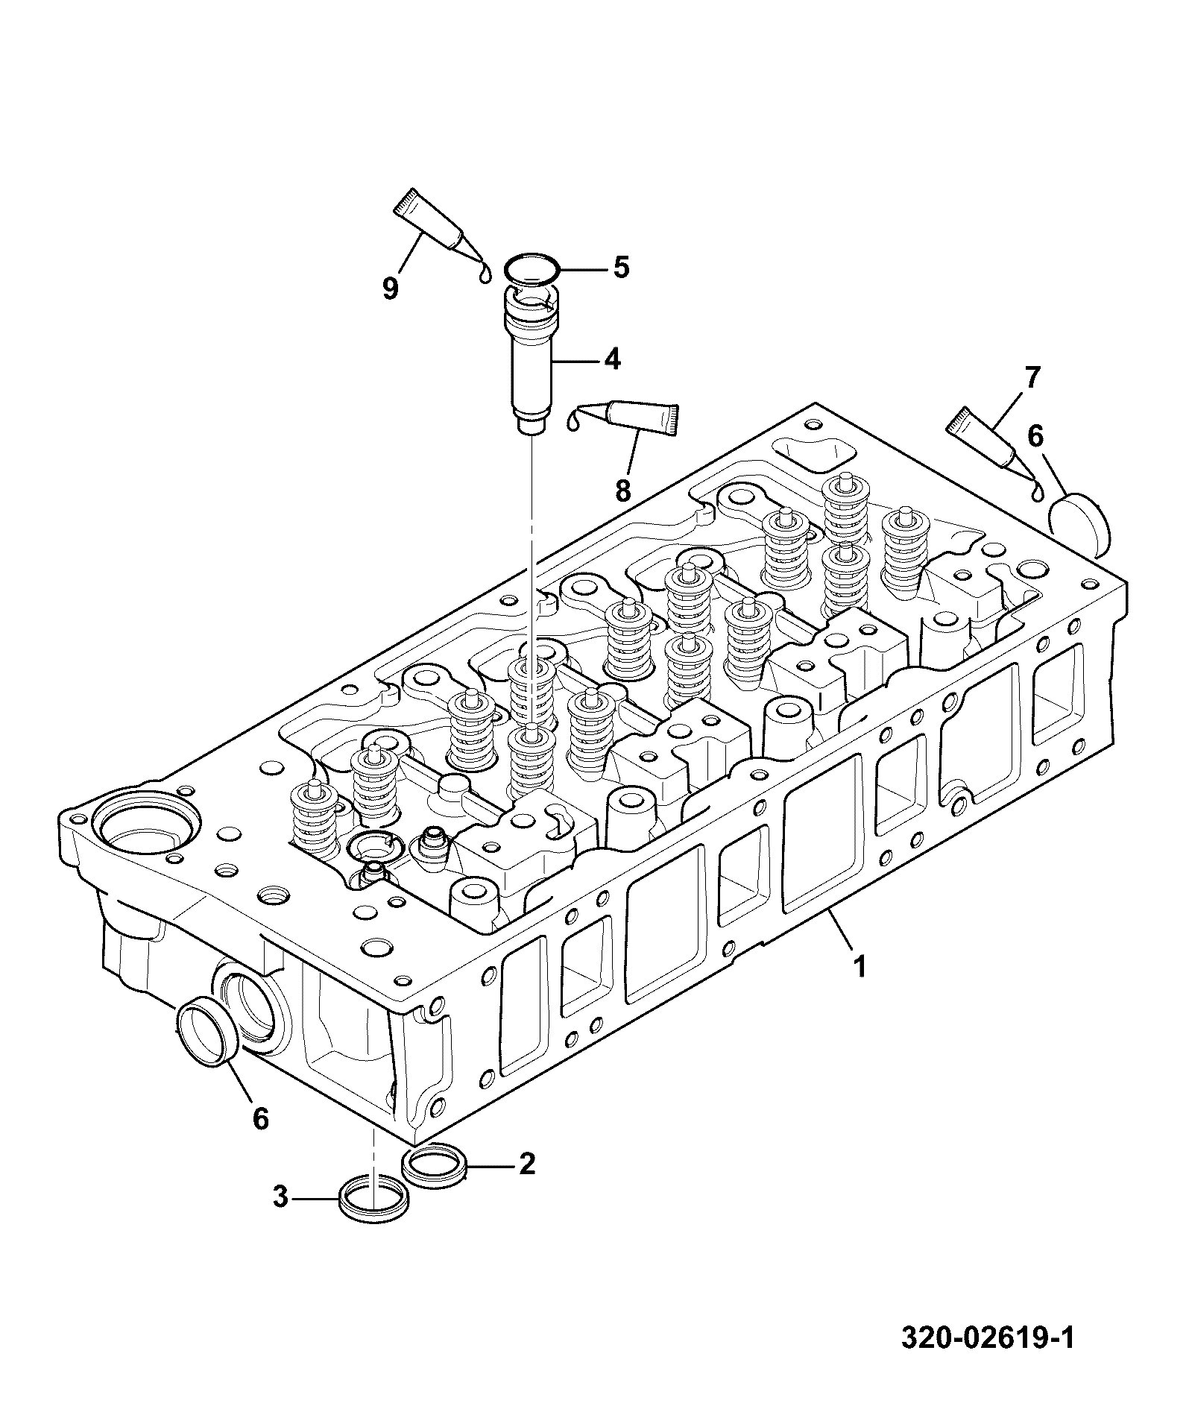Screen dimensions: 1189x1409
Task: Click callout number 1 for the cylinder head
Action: coord(860,968)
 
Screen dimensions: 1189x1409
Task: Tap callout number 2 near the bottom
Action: coord(527,1163)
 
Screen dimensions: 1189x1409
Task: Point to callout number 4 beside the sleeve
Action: coord(611,360)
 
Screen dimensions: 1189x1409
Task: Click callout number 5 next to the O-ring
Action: coord(620,267)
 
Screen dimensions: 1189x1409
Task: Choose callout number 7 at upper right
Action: coord(1032,379)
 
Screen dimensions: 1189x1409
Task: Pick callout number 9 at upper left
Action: coord(391,288)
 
